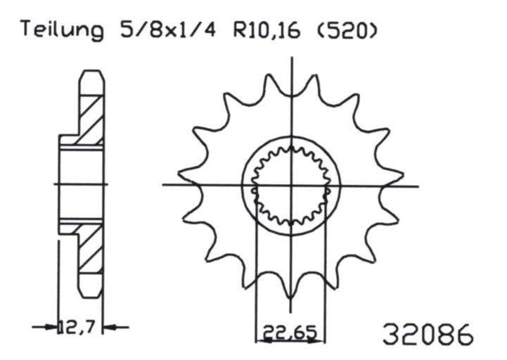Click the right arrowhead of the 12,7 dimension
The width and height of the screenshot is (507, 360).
click(107, 327)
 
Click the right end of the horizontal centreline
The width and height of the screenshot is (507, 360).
click(418, 186)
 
